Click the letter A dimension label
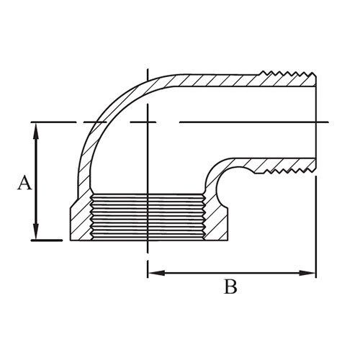[24, 183]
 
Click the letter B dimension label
[230, 288]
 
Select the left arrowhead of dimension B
[152, 272]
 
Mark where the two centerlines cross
[147, 122]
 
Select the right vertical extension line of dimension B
[316, 216]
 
